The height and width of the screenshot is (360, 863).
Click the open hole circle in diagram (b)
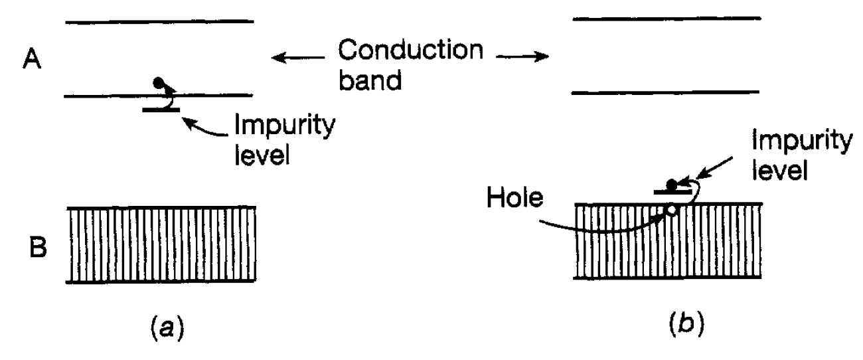(672, 210)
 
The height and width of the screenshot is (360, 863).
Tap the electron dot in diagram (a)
(158, 83)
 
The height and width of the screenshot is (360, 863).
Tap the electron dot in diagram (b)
(672, 183)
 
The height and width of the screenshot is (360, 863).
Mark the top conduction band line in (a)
(159, 22)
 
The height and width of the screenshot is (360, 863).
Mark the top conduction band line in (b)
(667, 18)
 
